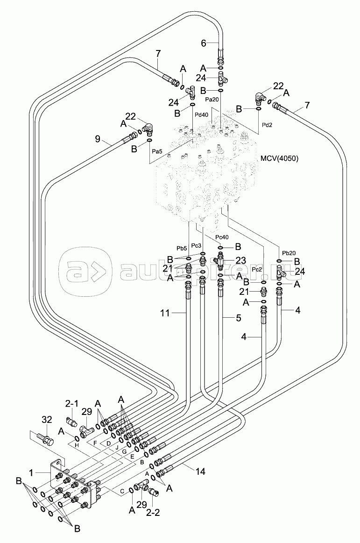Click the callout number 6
click(204, 43)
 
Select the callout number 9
click(98, 138)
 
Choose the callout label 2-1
click(72, 404)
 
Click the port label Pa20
click(212, 100)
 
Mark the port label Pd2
click(267, 125)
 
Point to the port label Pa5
click(158, 151)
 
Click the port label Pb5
click(182, 248)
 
